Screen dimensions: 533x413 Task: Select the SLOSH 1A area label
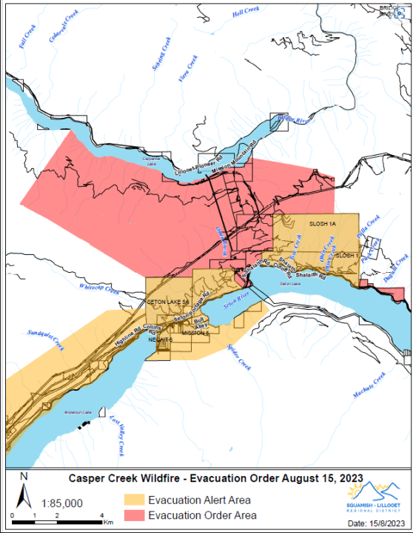click(x=323, y=224)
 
